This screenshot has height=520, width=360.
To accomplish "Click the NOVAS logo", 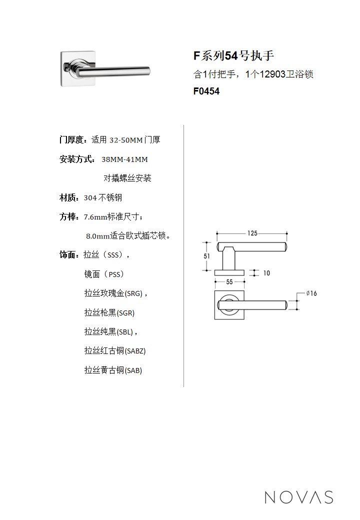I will (299, 497).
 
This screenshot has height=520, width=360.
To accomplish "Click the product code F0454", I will (206, 91).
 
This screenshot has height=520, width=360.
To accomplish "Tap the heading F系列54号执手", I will (233, 55).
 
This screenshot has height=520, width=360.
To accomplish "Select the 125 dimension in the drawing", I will (252, 233).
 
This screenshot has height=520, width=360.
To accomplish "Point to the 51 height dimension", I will (207, 256).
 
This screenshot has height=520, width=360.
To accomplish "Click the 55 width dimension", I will (229, 282).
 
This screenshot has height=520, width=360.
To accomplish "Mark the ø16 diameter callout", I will (311, 293).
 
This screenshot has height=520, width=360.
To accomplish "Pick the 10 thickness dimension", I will (266, 273).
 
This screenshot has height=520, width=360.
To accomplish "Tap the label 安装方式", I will (76, 159).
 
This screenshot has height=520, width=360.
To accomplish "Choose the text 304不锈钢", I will (103, 198).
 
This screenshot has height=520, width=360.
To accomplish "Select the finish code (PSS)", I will (113, 274).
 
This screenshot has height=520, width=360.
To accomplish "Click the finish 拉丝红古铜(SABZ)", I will (115, 351).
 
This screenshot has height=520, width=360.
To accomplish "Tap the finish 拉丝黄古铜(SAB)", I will (113, 370).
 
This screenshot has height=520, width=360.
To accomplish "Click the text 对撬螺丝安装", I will (127, 178).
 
